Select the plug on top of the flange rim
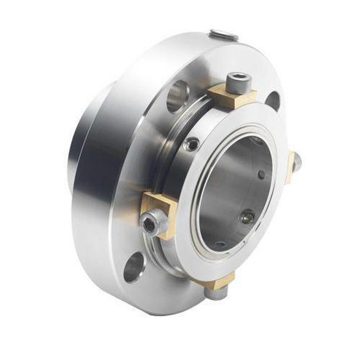[223, 35]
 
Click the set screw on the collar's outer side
[192, 144]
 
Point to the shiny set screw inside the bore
[247, 217]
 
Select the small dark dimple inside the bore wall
[262, 175]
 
